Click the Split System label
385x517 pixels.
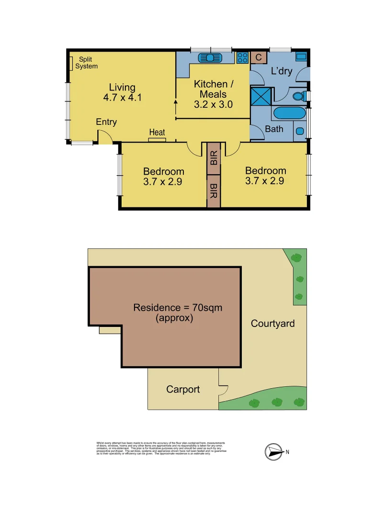[86, 63]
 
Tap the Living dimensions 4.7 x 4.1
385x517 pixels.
[122, 98]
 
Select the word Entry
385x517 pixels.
[106, 122]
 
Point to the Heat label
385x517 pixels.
[157, 132]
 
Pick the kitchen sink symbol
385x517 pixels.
[211, 57]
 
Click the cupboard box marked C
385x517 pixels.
[258, 57]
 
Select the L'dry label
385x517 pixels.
[282, 72]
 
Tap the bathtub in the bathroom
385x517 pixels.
[289, 114]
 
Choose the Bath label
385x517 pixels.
[274, 129]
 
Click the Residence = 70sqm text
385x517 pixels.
[178, 308]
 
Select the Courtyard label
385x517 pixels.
[272, 324]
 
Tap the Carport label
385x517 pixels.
[183, 389]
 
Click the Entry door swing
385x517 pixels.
[105, 137]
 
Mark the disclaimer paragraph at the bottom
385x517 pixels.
[161, 448]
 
